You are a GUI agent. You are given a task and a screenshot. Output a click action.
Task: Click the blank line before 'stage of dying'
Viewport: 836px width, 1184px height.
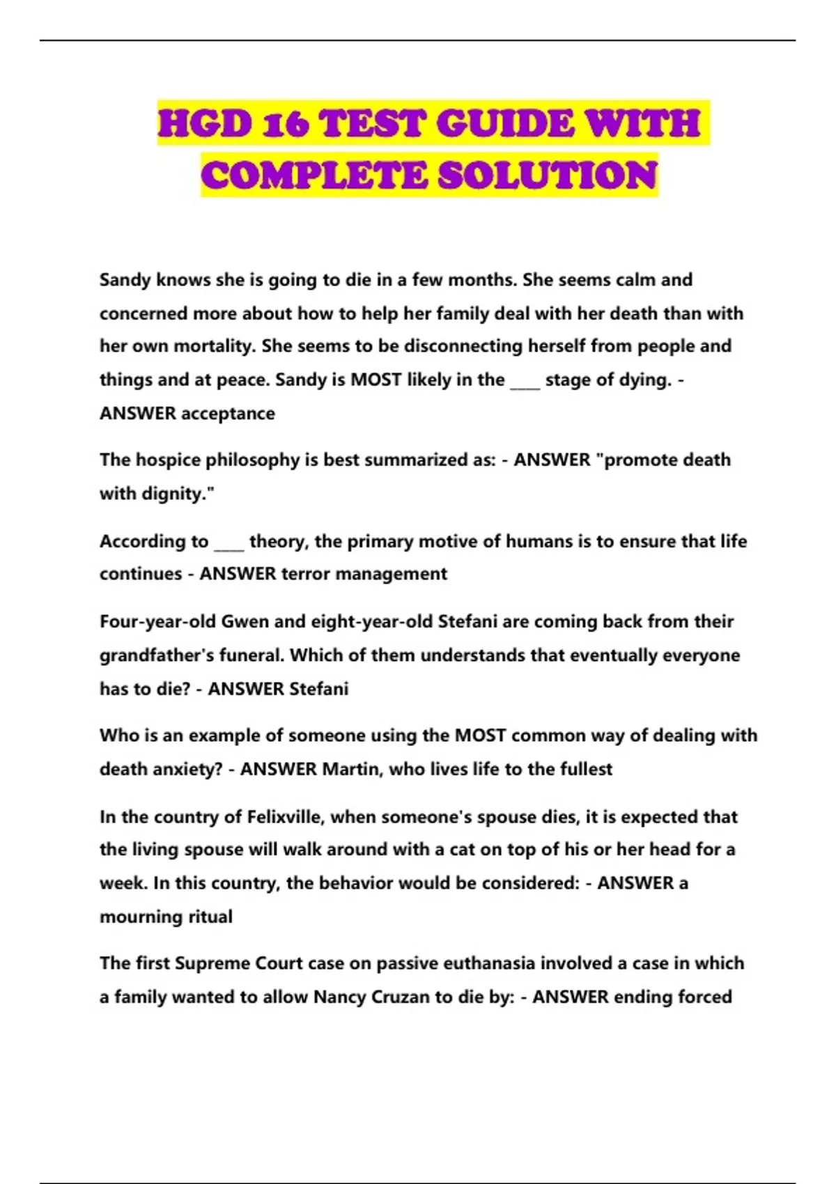pyautogui.click(x=525, y=381)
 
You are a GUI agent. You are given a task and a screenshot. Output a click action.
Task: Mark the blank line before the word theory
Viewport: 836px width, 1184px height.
pyautogui.click(x=229, y=542)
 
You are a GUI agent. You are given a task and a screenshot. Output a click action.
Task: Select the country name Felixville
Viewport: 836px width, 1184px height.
pyautogui.click(x=285, y=816)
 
